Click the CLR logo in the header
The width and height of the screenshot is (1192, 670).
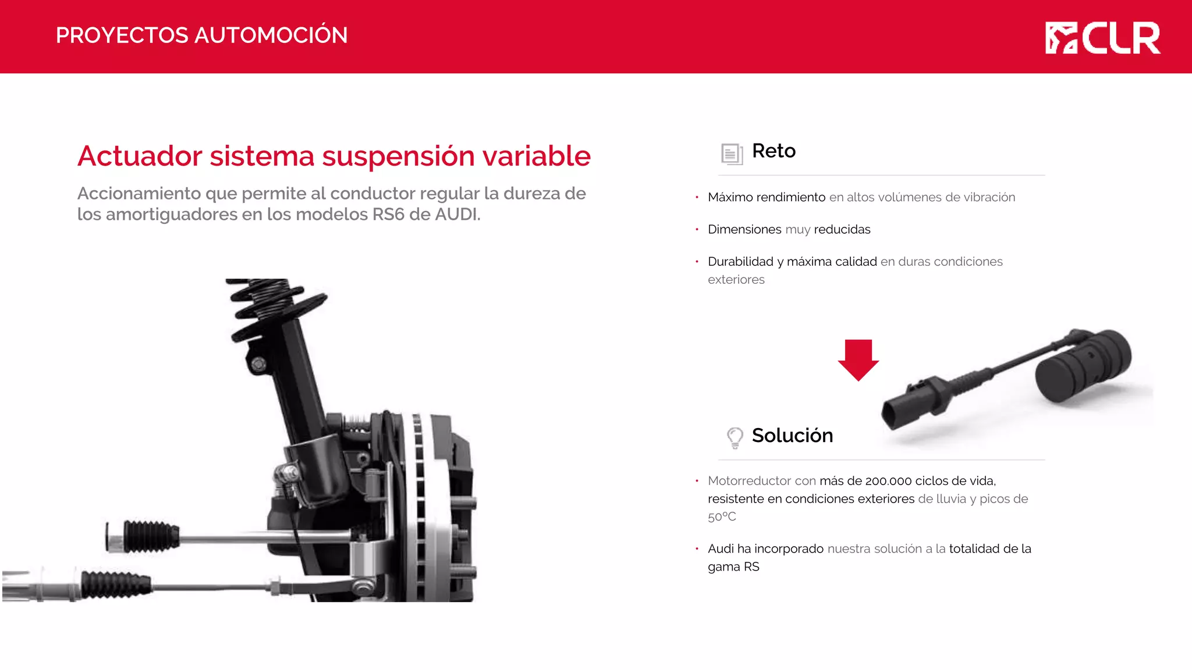1102,38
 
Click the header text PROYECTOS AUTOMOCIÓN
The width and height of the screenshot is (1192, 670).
201,35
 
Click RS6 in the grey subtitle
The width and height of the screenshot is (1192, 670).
388,215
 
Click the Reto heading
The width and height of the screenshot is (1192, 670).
774,151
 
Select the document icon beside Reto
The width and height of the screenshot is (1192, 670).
732,154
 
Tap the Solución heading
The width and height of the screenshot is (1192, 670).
792,436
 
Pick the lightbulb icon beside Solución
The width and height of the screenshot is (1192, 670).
735,437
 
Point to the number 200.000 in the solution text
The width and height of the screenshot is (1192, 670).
888,481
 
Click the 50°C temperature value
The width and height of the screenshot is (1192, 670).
722,516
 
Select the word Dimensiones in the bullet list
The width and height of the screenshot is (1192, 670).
744,230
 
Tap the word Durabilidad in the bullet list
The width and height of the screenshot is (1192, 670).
740,262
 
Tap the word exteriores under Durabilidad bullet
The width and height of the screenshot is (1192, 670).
736,280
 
